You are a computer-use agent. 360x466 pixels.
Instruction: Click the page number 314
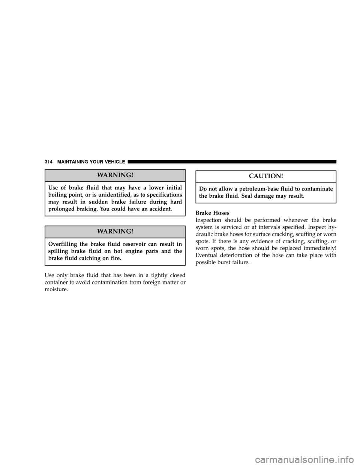pyautogui.click(x=49, y=162)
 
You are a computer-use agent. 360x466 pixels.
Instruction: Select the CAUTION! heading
pyautogui.click(x=266, y=176)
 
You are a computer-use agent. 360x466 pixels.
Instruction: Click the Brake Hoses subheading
pyautogui.click(x=212, y=213)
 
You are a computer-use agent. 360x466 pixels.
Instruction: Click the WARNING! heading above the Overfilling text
pyautogui.click(x=115, y=231)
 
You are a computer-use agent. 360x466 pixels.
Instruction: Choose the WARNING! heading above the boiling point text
pyautogui.click(x=115, y=175)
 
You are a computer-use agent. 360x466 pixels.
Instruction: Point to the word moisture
pyautogui.click(x=56, y=290)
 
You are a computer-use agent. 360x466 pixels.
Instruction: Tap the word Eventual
pyautogui.click(x=206, y=256)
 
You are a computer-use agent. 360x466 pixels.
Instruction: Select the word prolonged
pyautogui.click(x=60, y=209)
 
